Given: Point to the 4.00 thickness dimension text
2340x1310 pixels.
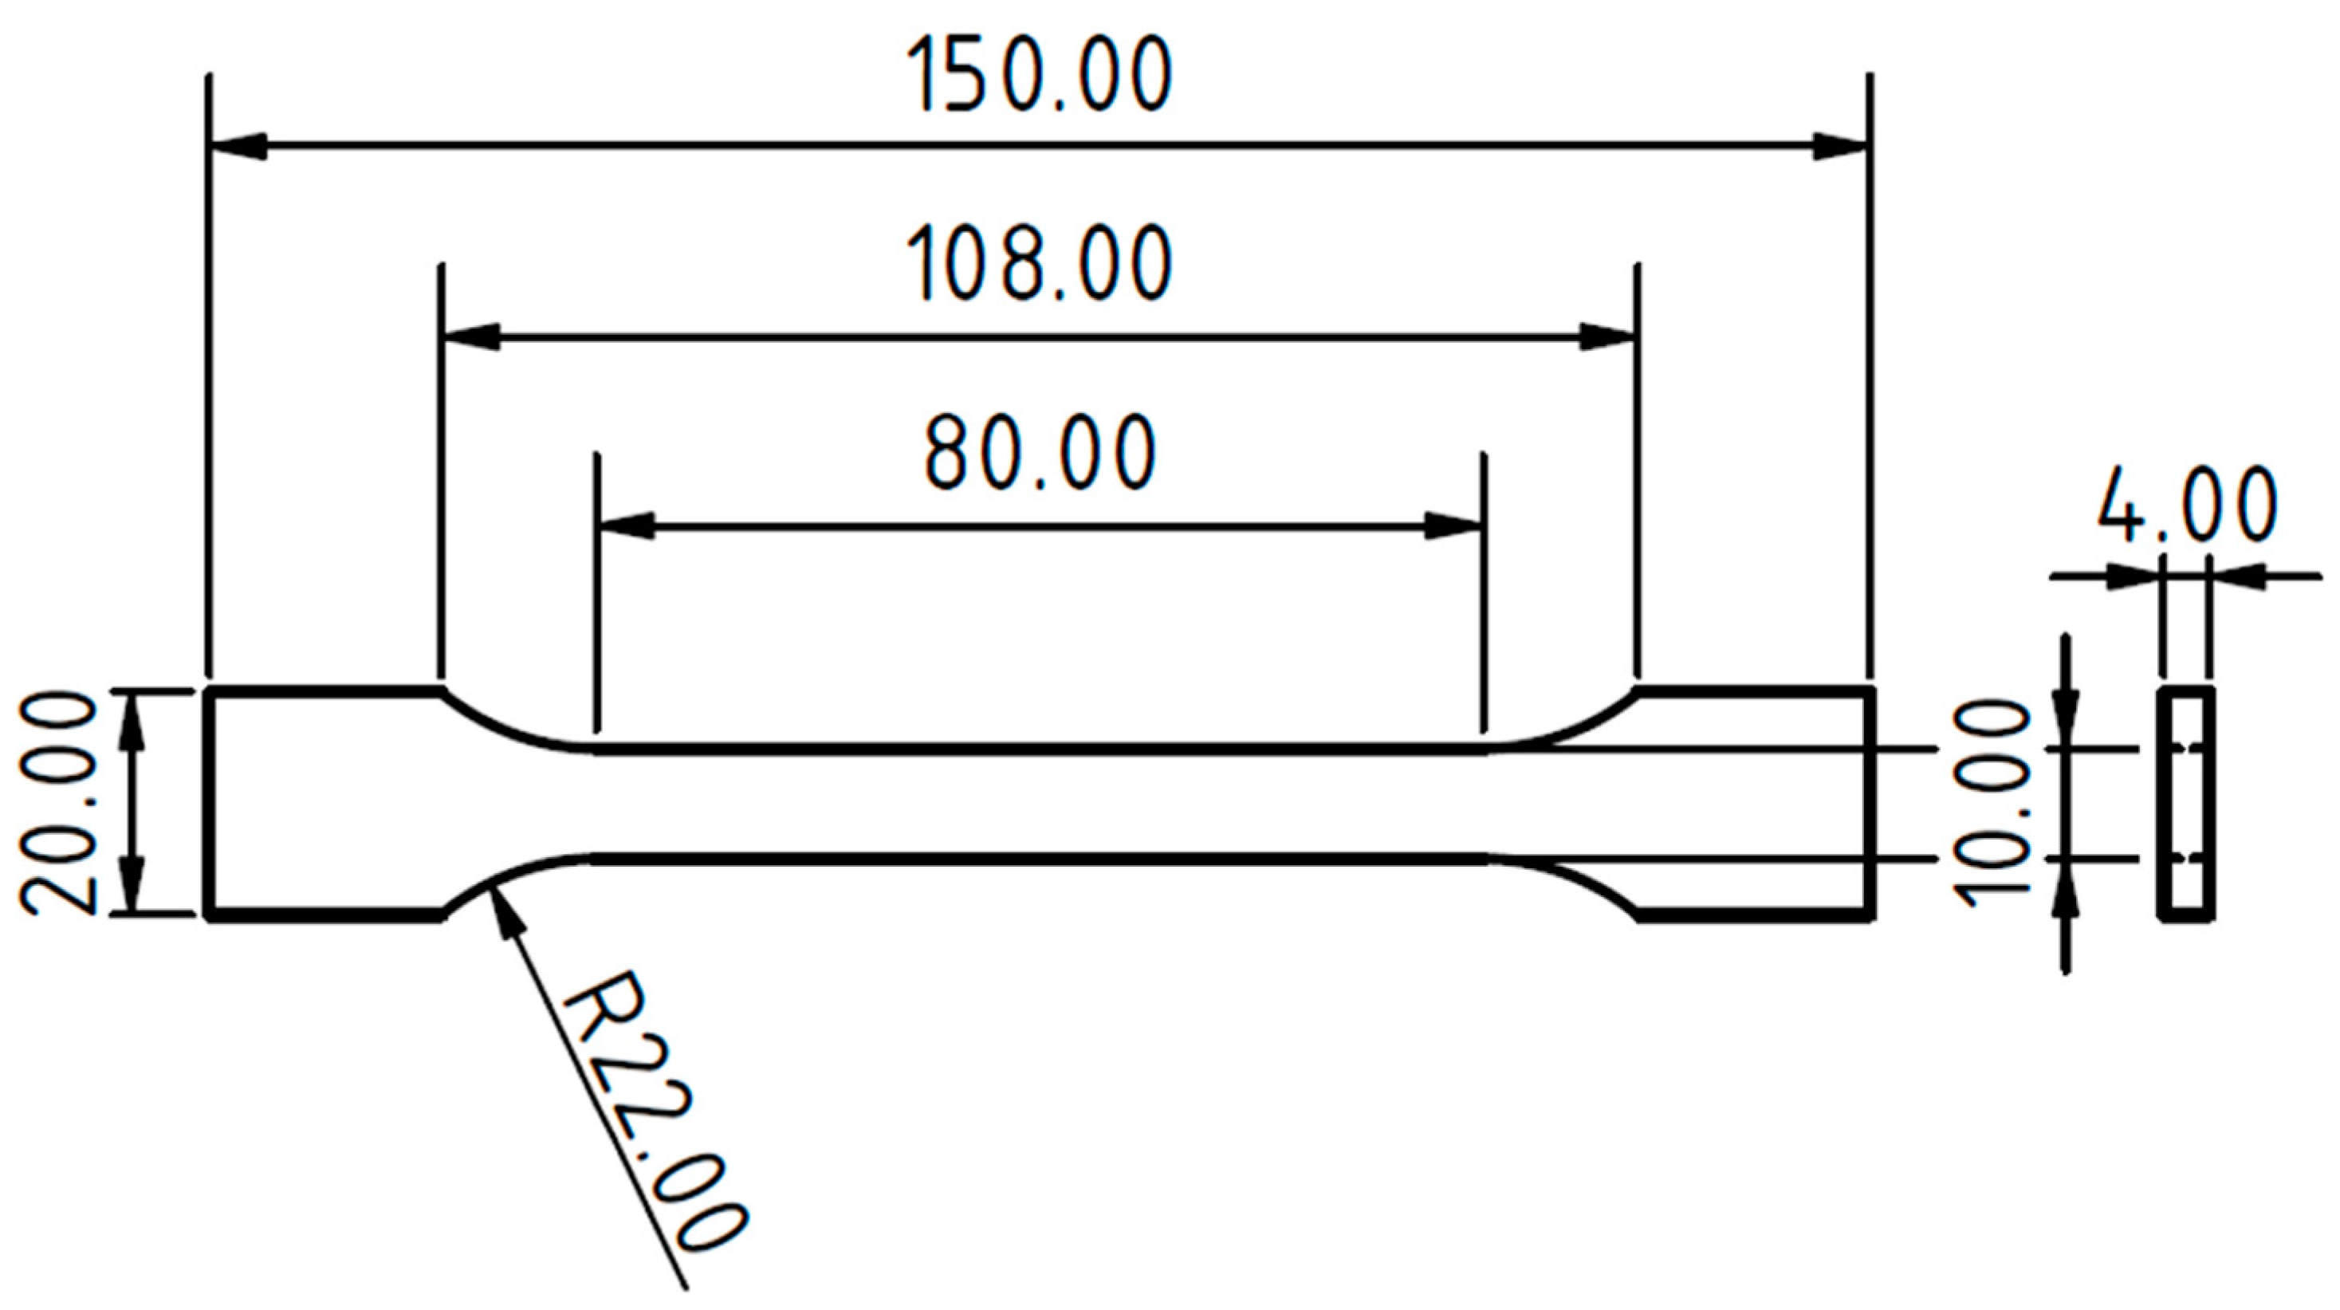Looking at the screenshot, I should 2185,506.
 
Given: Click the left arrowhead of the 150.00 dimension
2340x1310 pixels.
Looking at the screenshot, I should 238,145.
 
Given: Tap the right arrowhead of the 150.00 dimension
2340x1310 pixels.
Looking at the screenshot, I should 1840,145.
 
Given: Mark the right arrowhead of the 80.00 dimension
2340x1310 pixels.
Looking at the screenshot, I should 1453,526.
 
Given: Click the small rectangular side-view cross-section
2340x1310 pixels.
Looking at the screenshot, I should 2185,804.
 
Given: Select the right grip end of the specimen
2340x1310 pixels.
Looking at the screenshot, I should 1753,803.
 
